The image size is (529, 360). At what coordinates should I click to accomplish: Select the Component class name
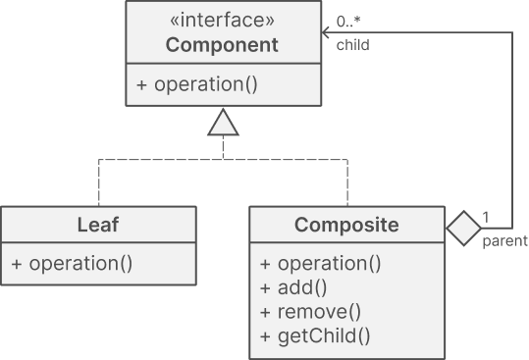[222, 45]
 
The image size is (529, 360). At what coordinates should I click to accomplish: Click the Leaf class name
[97, 225]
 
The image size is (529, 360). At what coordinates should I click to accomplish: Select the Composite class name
[346, 225]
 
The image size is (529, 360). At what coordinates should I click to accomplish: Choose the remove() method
[311, 312]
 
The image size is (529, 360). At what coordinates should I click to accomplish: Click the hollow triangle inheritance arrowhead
[223, 124]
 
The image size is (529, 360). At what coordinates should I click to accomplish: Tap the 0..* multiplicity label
[347, 21]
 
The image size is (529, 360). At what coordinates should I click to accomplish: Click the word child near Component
[352, 44]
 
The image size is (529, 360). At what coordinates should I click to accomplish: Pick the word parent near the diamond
[504, 240]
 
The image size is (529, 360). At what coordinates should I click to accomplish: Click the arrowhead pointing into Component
[327, 32]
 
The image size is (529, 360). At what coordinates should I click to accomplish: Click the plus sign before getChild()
[266, 336]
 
